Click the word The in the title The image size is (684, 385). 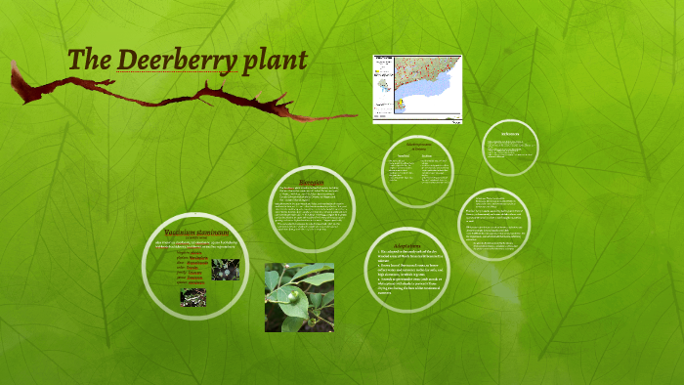pos(89,60)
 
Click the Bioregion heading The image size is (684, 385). pos(311,182)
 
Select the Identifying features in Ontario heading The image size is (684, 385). pos(417,146)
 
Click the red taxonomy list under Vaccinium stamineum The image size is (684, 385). pos(192,269)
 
